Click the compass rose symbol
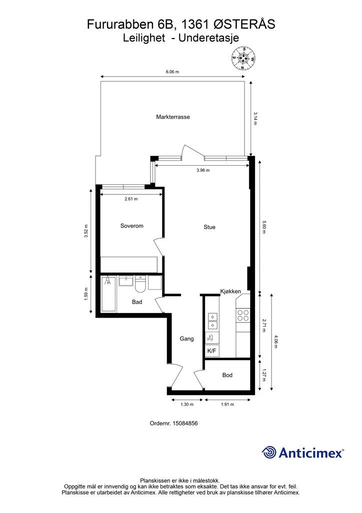click(x=243, y=59)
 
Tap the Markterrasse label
click(x=172, y=117)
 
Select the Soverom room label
click(x=132, y=226)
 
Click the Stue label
click(x=209, y=227)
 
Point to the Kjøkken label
click(x=231, y=291)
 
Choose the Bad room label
click(x=137, y=302)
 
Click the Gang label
click(x=186, y=339)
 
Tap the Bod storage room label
click(x=227, y=375)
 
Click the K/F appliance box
click(x=212, y=351)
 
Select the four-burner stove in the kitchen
click(x=243, y=315)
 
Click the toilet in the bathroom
click(x=140, y=284)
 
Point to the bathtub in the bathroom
click(x=108, y=294)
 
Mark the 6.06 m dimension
click(x=172, y=72)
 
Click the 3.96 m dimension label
click(x=203, y=170)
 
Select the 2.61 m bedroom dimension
click(x=131, y=199)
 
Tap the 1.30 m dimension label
click(x=187, y=404)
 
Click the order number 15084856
click(x=185, y=423)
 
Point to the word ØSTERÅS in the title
click(x=244, y=24)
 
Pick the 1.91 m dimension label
click(x=227, y=404)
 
